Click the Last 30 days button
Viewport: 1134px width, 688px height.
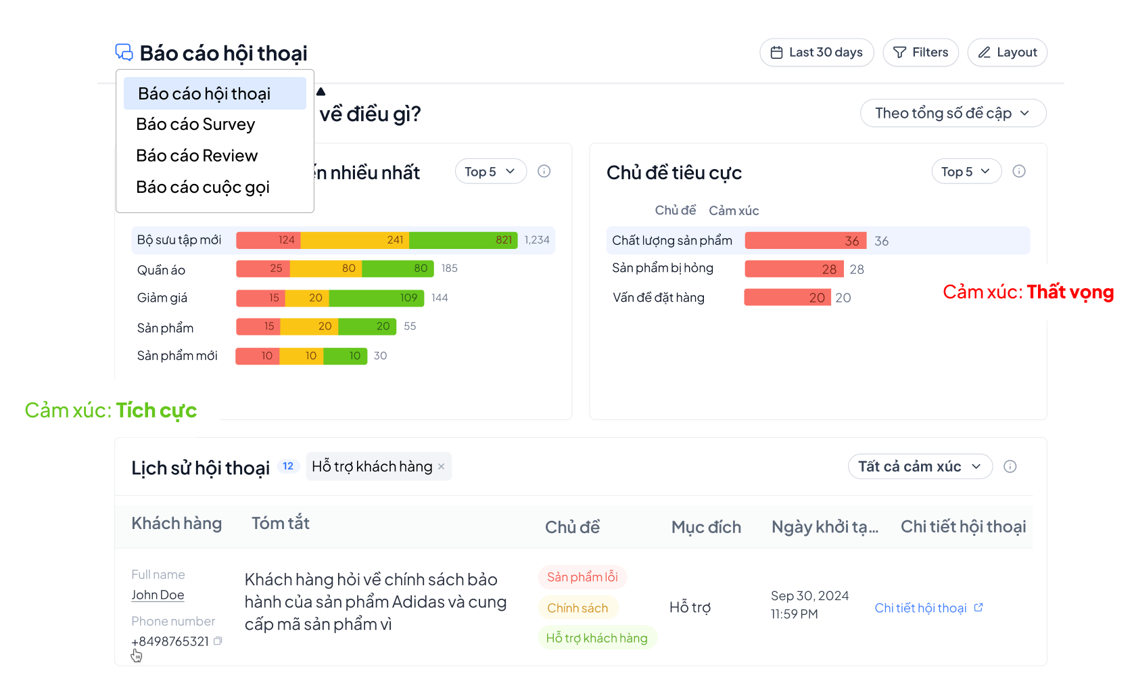[x=816, y=53]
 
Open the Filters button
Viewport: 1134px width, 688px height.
[x=920, y=53]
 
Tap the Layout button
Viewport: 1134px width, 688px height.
[x=1007, y=53]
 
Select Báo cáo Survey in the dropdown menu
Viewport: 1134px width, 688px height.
[x=196, y=124]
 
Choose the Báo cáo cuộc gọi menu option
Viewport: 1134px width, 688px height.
[x=203, y=187]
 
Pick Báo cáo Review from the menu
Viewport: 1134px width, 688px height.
[x=197, y=156]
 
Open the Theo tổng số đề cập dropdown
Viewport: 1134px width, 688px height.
[x=952, y=113]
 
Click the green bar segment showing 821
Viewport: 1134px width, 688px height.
[x=463, y=240]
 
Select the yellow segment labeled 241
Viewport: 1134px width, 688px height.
[x=355, y=240]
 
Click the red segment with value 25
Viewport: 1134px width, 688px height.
[x=262, y=269]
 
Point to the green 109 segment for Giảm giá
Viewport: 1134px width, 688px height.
[x=376, y=298]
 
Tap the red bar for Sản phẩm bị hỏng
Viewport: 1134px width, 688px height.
[x=794, y=269]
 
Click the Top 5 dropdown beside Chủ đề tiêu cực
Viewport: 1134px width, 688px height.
[x=965, y=172]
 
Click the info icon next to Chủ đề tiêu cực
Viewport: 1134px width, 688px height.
[x=1019, y=171]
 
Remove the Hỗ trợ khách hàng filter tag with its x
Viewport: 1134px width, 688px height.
[x=442, y=466]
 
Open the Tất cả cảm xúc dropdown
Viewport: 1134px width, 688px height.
[x=920, y=466]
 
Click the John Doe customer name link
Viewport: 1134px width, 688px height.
[x=158, y=595]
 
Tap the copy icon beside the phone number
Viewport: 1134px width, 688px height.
[x=218, y=641]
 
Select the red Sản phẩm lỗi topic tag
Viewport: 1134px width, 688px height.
[x=582, y=577]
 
